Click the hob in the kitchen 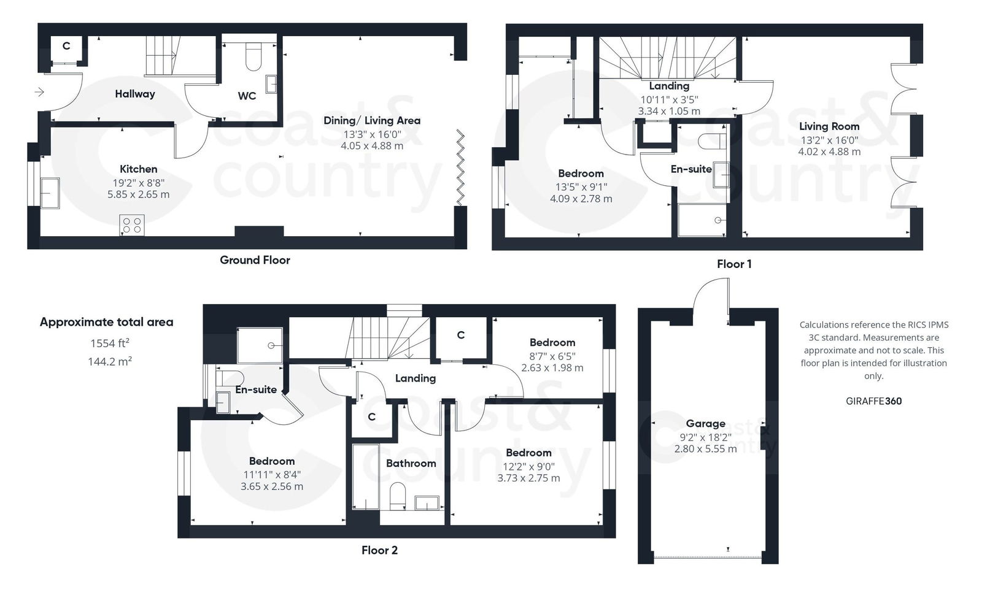pyautogui.click(x=132, y=225)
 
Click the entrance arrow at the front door pyautogui.click(x=39, y=93)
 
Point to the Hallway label pyautogui.click(x=135, y=94)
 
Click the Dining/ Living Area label pyautogui.click(x=372, y=120)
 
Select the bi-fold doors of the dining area pyautogui.click(x=460, y=168)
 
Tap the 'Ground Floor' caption pyautogui.click(x=255, y=260)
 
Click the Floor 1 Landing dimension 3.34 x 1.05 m pyautogui.click(x=669, y=111)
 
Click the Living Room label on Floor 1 pyautogui.click(x=829, y=126)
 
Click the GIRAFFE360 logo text pyautogui.click(x=873, y=401)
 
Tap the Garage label pyautogui.click(x=705, y=423)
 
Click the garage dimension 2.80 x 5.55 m pyautogui.click(x=705, y=449)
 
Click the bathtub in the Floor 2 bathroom pyautogui.click(x=365, y=477)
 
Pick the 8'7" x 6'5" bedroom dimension pyautogui.click(x=552, y=356)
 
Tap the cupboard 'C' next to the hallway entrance pyautogui.click(x=66, y=46)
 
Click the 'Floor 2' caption pyautogui.click(x=379, y=550)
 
